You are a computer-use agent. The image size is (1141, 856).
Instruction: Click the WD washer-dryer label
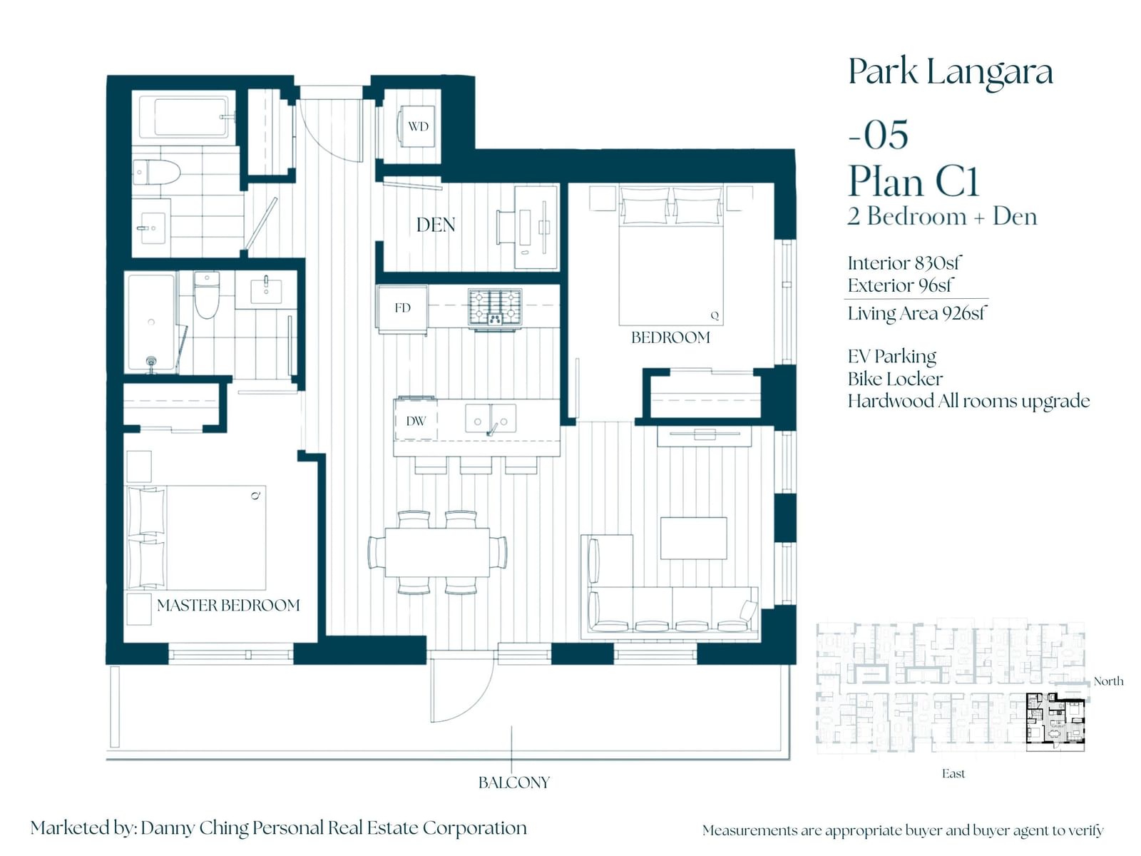click(x=418, y=126)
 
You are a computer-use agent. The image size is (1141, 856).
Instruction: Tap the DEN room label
click(x=436, y=225)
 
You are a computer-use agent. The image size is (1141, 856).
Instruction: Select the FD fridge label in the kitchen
click(x=402, y=307)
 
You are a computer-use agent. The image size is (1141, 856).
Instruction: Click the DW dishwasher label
click(x=416, y=421)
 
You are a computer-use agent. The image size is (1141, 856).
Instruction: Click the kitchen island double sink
click(x=490, y=419)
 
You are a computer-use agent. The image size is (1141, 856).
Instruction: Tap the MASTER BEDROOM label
click(x=228, y=605)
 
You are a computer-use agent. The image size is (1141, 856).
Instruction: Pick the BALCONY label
click(x=513, y=783)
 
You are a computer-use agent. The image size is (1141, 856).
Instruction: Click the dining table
click(x=437, y=552)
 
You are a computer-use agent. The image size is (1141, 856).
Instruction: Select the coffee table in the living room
click(x=693, y=538)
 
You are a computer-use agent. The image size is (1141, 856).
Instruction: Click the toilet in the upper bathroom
click(x=156, y=172)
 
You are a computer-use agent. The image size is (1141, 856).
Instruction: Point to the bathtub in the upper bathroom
click(x=184, y=117)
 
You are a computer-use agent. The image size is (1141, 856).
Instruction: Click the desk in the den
click(x=536, y=228)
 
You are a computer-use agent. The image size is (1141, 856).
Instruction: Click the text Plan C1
click(x=914, y=181)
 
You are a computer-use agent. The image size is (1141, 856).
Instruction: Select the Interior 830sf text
click(x=904, y=263)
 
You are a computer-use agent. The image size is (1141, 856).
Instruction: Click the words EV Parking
click(x=892, y=357)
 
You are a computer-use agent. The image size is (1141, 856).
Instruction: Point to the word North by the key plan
click(x=1108, y=681)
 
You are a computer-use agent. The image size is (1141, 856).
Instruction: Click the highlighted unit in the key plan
click(x=1055, y=723)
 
